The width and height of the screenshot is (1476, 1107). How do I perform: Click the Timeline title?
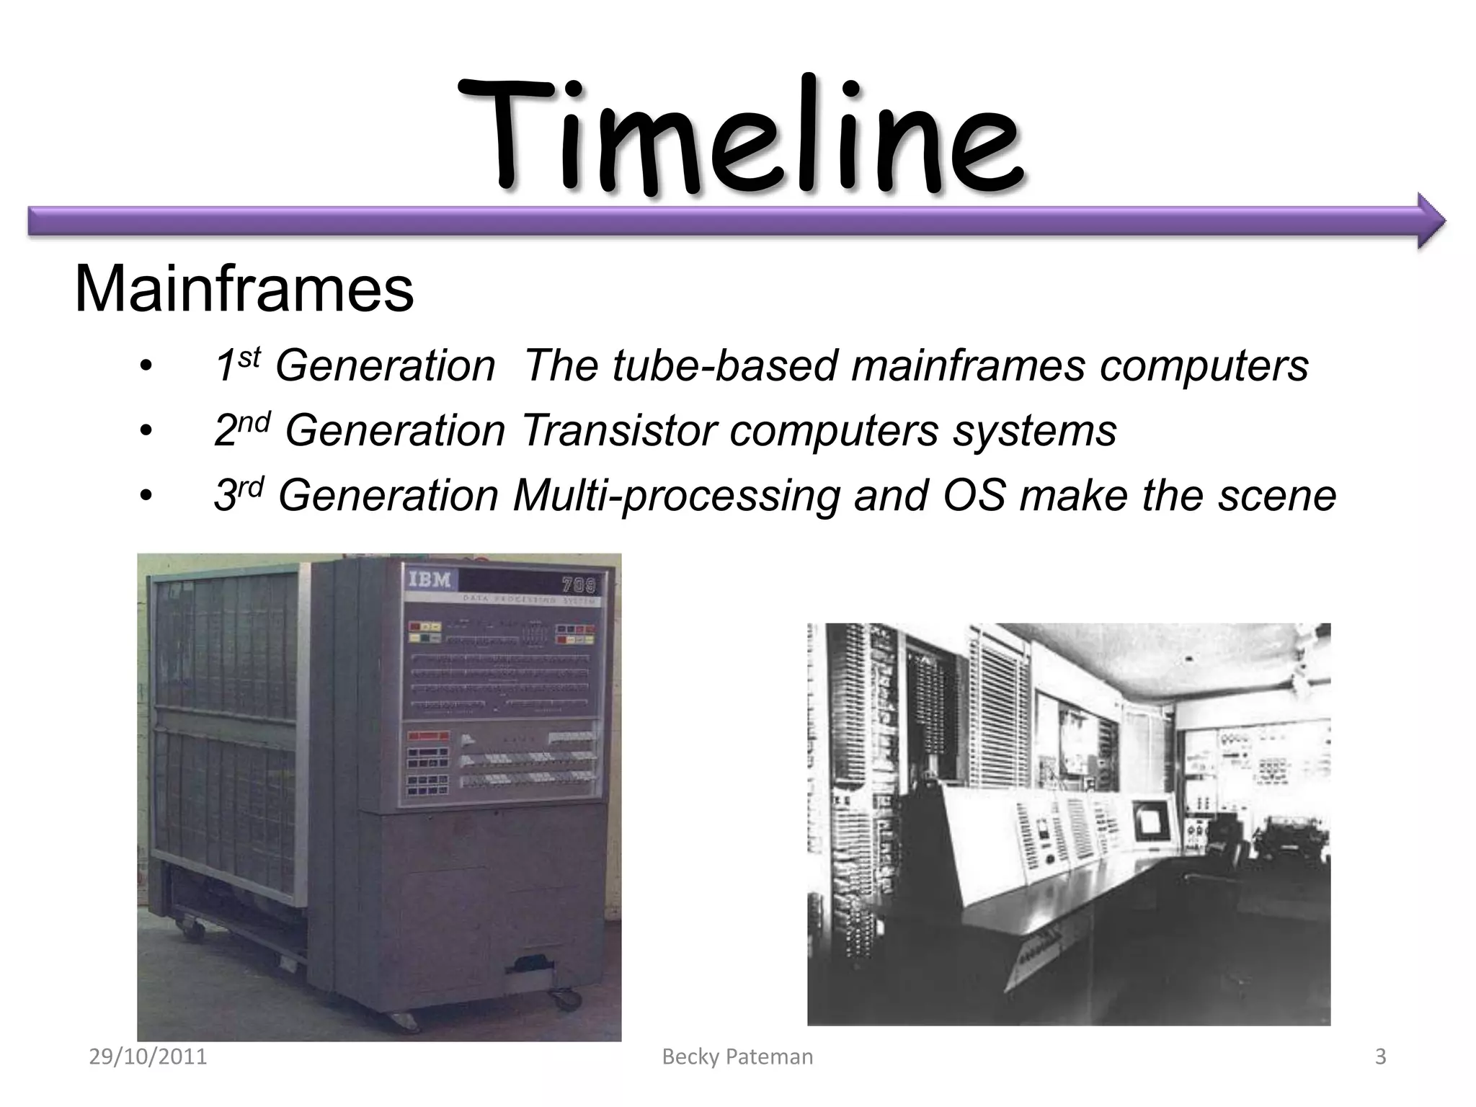coord(738,137)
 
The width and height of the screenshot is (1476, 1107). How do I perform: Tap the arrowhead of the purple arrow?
coord(1430,221)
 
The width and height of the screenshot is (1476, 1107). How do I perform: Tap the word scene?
coord(1276,496)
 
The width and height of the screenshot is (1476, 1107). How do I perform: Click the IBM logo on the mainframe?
coord(430,579)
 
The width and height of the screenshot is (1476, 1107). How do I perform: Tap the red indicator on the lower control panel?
coord(428,737)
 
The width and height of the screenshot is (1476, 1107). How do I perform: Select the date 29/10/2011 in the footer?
coord(148,1057)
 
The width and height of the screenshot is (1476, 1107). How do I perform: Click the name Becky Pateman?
coord(737,1057)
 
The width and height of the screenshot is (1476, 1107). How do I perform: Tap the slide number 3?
coord(1380,1057)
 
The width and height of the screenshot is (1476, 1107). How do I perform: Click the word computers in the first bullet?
coord(1204,365)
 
